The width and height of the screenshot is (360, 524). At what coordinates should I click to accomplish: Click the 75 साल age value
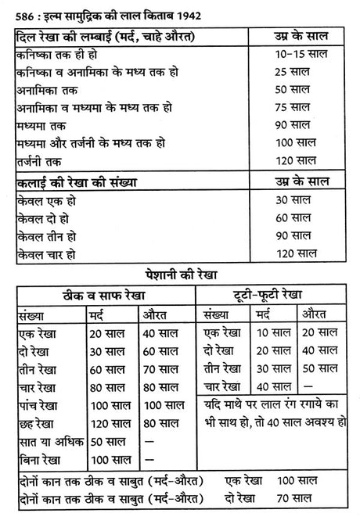(295, 107)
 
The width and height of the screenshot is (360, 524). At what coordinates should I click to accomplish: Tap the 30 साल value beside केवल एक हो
(295, 200)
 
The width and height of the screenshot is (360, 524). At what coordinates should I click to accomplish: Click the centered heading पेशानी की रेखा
(179, 276)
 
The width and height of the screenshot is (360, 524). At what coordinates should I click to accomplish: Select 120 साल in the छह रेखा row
(107, 422)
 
